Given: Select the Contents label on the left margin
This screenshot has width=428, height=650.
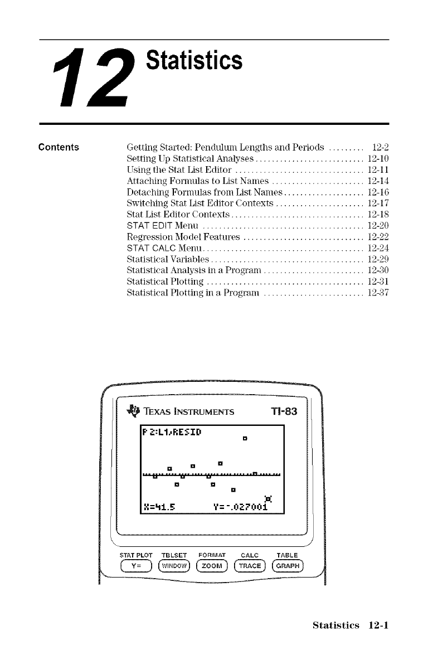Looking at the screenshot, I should (59, 148).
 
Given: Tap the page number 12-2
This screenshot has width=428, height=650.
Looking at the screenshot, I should (379, 148).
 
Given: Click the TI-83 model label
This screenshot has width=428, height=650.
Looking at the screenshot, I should (283, 412).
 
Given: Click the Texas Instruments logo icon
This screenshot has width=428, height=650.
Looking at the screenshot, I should (133, 411).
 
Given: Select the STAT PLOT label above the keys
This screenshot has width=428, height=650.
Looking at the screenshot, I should (135, 555).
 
